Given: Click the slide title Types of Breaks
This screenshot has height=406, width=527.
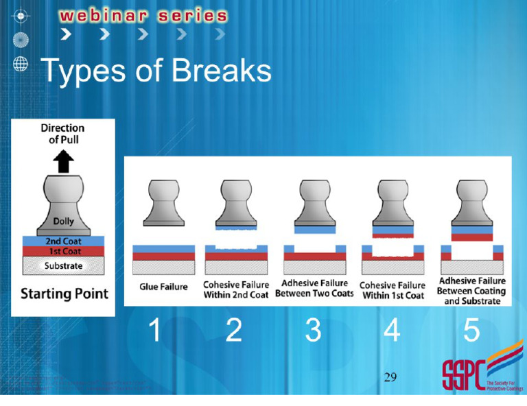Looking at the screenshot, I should [x=156, y=71].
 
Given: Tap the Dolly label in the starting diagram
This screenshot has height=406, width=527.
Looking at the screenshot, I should [x=63, y=222].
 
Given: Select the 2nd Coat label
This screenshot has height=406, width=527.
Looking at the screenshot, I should [x=63, y=241].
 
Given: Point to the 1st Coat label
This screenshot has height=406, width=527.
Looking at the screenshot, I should [x=63, y=252].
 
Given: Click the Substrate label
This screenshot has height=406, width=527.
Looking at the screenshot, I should [x=63, y=265].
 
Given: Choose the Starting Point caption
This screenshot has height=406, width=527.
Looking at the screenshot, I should [x=65, y=294].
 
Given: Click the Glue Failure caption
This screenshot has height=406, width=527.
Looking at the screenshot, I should [x=163, y=287].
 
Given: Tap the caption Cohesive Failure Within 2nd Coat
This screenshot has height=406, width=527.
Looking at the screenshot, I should [x=236, y=289].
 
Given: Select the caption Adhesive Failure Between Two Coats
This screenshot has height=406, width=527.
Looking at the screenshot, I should [x=314, y=288].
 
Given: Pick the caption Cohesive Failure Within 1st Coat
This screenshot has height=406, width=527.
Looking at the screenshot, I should [x=392, y=290].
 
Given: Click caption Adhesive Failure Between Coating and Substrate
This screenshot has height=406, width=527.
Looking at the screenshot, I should [x=471, y=291].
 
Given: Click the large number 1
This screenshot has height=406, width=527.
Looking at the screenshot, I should [x=155, y=331].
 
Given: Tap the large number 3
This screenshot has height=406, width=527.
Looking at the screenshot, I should [x=313, y=331].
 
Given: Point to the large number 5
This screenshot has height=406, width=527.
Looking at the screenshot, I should [x=471, y=331].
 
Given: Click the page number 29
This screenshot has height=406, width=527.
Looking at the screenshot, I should [x=390, y=377].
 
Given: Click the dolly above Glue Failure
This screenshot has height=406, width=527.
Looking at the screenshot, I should [x=163, y=202].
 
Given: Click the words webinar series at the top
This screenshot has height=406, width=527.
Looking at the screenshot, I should [x=143, y=16].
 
